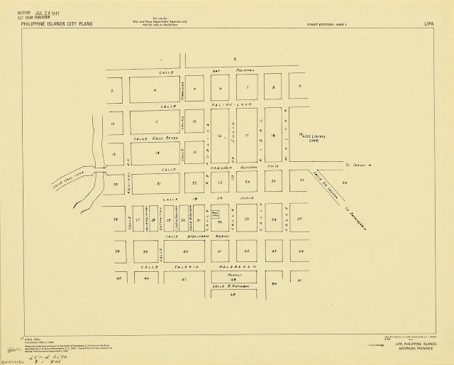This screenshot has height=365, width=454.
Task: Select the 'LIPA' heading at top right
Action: coord(428,23)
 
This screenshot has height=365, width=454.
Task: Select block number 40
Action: coord(185,251)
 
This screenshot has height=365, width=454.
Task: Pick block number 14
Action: coord(157,153)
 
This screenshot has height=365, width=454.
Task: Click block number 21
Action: coord(157,183)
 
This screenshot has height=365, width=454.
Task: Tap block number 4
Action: coord(155,90)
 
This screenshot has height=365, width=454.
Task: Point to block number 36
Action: coord(344,183)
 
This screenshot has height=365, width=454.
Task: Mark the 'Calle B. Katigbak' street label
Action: coord(235,286)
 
